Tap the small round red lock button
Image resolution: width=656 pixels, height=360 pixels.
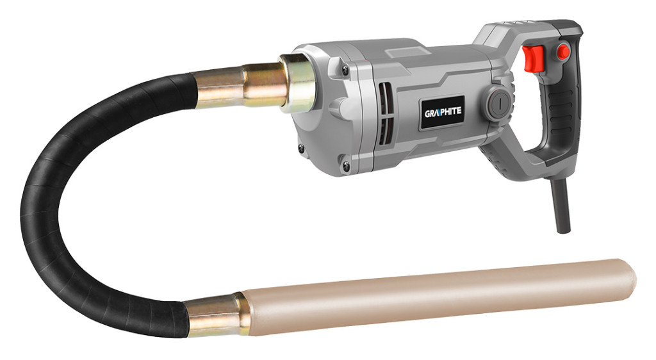563,52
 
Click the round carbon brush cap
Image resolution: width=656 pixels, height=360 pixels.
500,102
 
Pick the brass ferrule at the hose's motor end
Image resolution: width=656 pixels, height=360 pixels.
241,86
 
